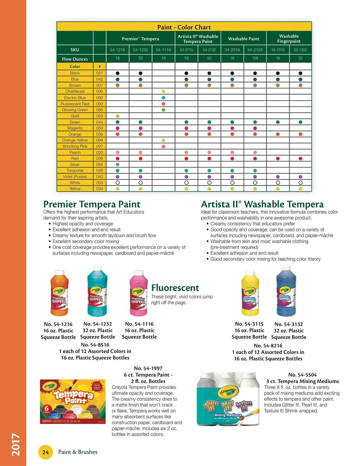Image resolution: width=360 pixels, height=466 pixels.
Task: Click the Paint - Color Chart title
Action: pyautogui.click(x=184, y=27)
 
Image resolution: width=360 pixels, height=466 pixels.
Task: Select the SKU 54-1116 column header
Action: pyautogui.click(x=163, y=50)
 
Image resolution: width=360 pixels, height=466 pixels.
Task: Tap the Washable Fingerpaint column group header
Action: pyautogui.click(x=289, y=39)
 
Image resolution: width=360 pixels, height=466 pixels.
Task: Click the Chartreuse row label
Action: pyautogui.click(x=75, y=91)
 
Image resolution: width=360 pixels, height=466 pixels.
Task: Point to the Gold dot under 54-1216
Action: pyautogui.click(x=117, y=116)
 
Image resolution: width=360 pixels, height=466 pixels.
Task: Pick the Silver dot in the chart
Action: pyautogui.click(x=117, y=164)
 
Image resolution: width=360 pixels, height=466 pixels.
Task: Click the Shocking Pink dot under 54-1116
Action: pyautogui.click(x=163, y=146)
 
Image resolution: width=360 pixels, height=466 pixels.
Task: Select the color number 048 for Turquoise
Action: pyautogui.click(x=99, y=171)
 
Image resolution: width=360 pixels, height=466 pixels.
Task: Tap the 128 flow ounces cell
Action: pyautogui.click(x=255, y=58)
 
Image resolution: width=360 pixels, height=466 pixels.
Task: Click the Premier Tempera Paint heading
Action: pyautogui.click(x=92, y=204)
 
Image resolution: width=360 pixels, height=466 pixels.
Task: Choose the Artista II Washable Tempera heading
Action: pyautogui.click(x=262, y=204)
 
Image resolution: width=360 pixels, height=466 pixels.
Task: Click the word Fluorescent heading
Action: pyautogui.click(x=175, y=288)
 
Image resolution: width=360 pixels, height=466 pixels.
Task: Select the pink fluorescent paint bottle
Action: pyautogui.click(x=138, y=293)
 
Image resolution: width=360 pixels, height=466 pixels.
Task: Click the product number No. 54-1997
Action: pyautogui.click(x=148, y=368)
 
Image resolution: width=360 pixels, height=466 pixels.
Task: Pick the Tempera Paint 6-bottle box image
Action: pyautogui.click(x=73, y=401)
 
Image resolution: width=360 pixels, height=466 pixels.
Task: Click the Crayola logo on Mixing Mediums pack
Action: pyautogui.click(x=228, y=391)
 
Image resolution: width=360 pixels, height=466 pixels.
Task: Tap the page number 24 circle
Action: pyautogui.click(x=45, y=452)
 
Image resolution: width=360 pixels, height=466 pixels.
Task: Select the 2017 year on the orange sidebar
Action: pyautogui.click(x=16, y=444)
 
